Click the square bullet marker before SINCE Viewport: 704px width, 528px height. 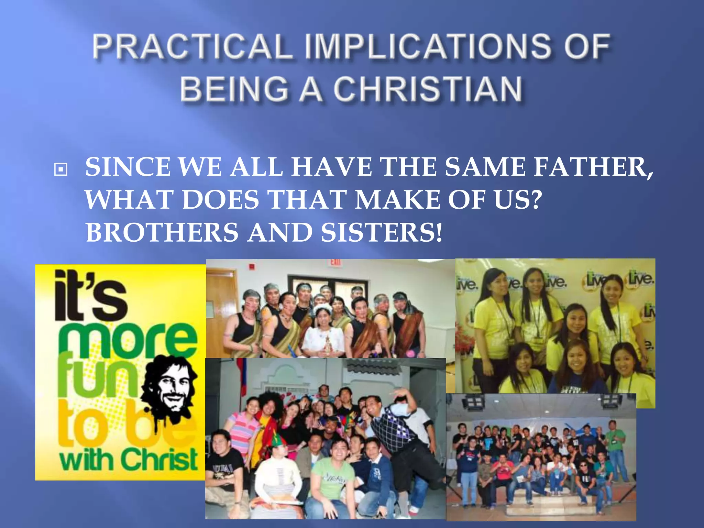(x=60, y=169)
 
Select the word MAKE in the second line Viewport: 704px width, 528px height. (x=397, y=200)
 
